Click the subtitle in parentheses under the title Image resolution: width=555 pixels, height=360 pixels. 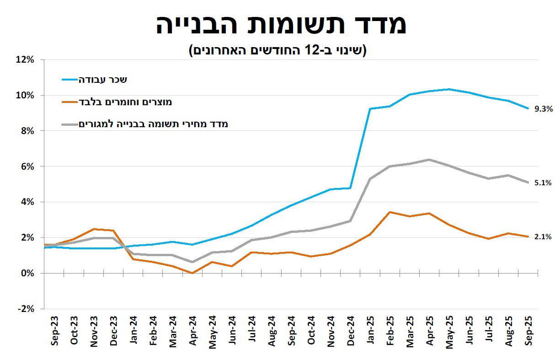(x=278, y=50)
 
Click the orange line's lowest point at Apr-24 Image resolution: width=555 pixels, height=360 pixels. (x=192, y=273)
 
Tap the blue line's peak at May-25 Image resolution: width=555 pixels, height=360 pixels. (x=449, y=89)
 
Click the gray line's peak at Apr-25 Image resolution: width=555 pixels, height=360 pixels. (x=429, y=160)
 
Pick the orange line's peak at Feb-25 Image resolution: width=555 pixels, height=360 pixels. (x=390, y=212)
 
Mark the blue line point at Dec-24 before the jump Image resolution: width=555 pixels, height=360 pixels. (x=350, y=188)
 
